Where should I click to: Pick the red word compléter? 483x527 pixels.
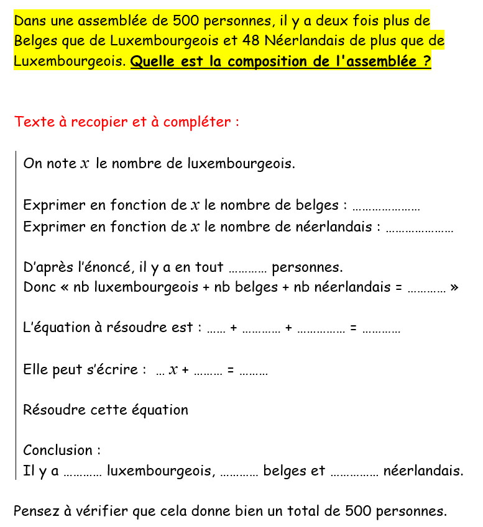pos(200,122)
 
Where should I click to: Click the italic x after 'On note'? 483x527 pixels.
pos(85,164)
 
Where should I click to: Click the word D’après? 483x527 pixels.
pos(46,268)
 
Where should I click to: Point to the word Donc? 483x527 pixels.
pos(38,287)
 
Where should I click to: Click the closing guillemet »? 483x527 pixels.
pos(454,288)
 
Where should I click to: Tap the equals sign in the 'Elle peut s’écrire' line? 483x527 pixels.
pos(231,370)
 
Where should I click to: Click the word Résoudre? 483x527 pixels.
pos(50,410)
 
